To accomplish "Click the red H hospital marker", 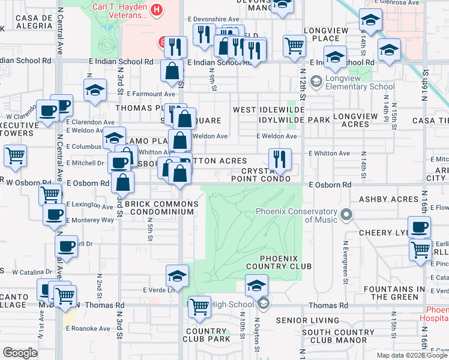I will pos(157,10).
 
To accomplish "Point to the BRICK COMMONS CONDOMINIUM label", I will pos(160,207).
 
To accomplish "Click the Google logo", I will pos(20,353).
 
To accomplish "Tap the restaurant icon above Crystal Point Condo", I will pos(280,160).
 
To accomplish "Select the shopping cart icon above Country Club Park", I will pos(199,307).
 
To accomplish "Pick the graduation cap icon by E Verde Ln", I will pos(177,276).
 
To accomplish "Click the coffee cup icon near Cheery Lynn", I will pos(420,227).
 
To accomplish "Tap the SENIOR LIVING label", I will pos(309,320).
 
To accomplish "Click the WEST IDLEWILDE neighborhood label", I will pos(268,110).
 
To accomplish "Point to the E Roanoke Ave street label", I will pos(88,328).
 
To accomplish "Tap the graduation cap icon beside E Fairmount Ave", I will pos(95,90).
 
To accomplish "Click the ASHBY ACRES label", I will pos(388,199).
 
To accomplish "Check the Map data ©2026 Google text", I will pos(412,355).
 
